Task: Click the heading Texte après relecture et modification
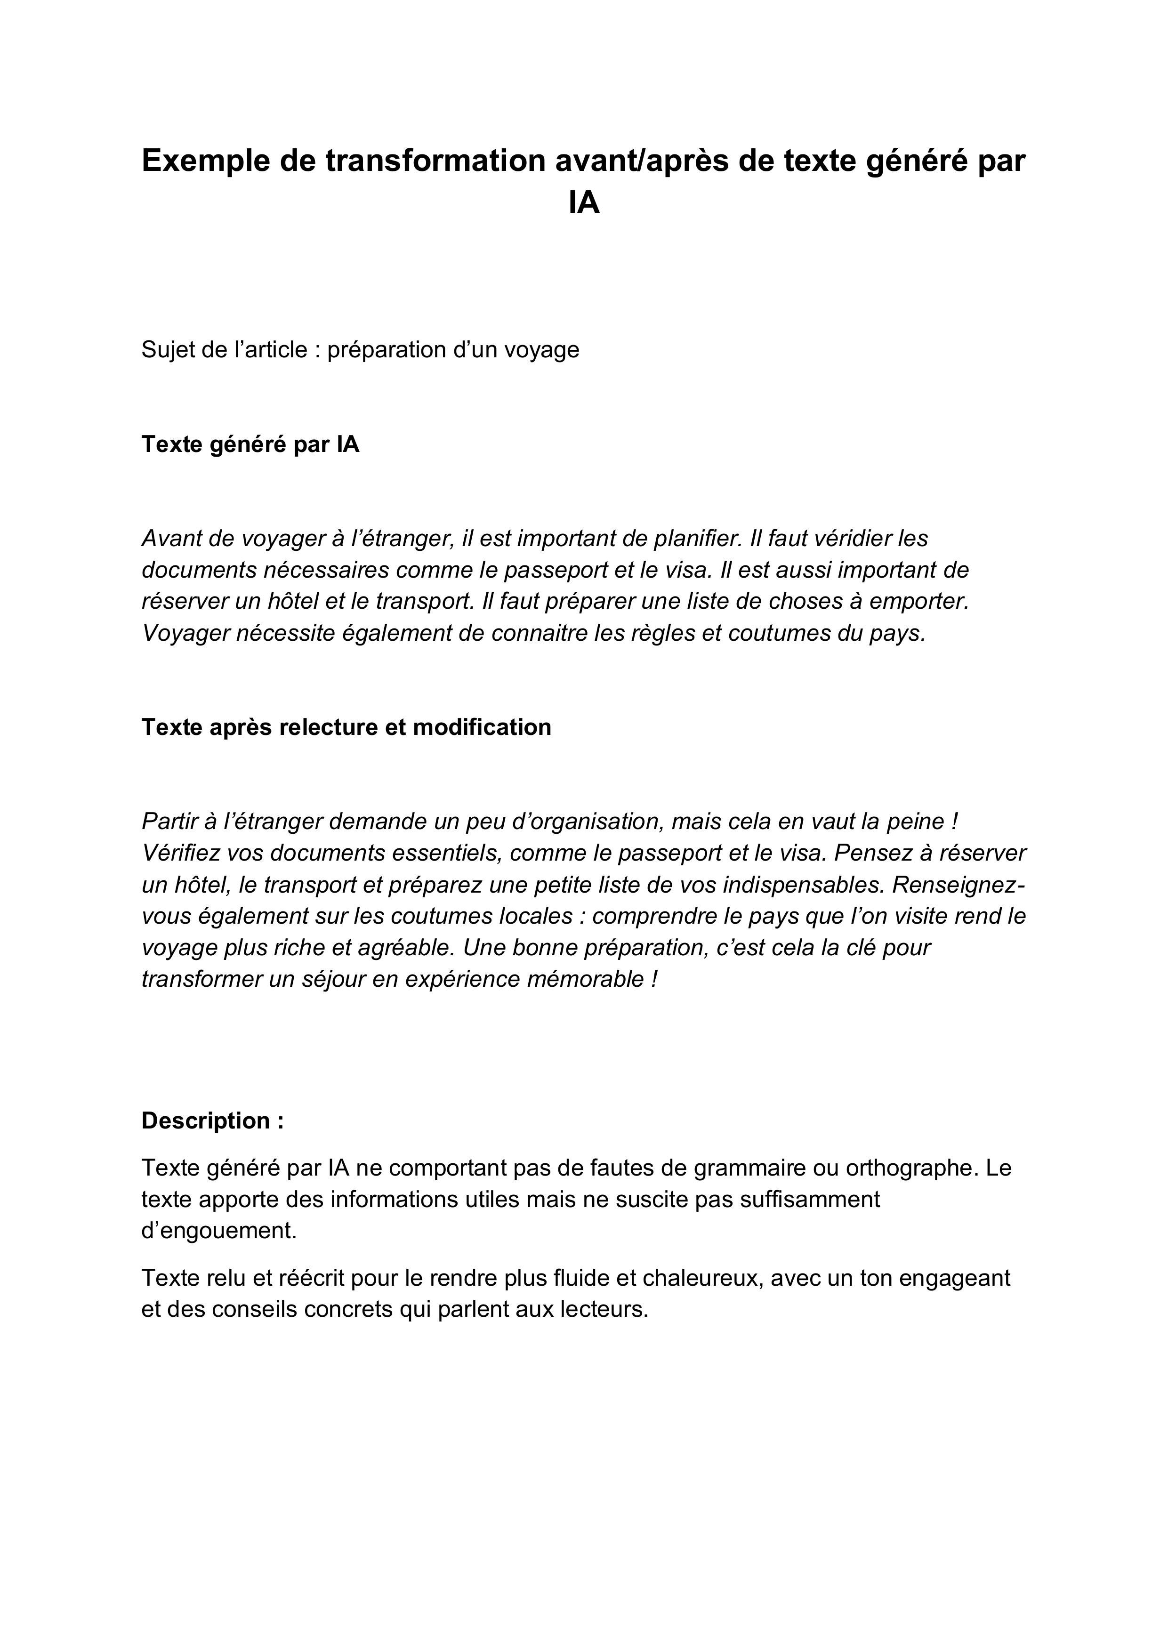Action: coord(346,727)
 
